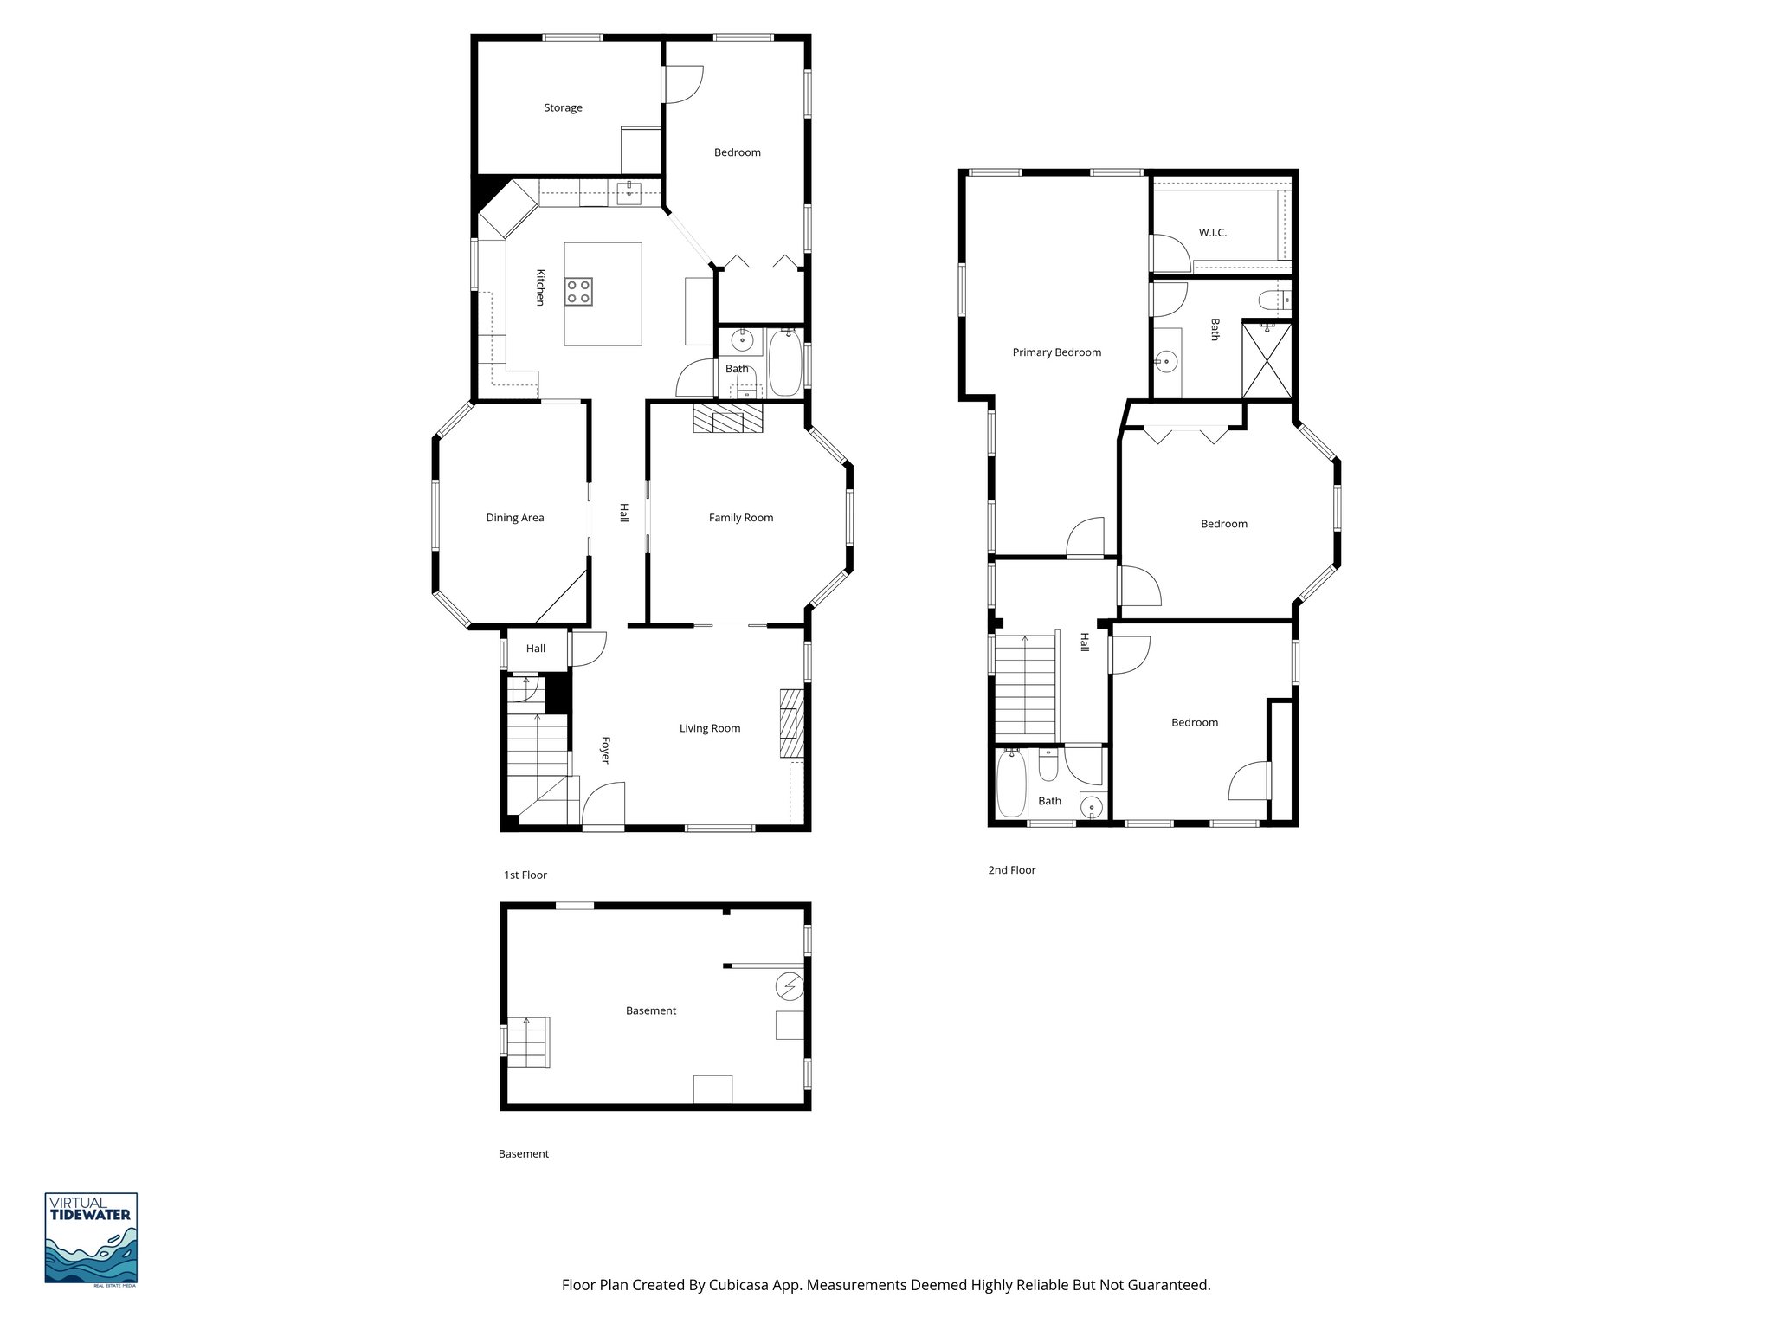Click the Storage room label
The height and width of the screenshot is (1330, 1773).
coord(563,108)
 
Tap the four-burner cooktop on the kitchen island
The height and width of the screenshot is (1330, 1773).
coord(579,291)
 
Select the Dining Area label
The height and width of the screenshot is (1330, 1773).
coord(515,518)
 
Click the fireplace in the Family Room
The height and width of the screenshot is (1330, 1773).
coord(727,420)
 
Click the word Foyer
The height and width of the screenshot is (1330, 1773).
coord(606,750)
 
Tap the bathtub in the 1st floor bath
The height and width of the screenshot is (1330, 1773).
coord(785,364)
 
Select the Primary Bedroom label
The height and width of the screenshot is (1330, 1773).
coord(1056,352)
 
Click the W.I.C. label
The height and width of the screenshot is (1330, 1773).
coord(1212,233)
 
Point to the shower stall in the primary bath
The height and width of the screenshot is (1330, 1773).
coord(1267,359)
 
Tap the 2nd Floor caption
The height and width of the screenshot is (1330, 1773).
coord(1011,870)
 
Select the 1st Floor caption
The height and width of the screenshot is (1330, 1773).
coord(525,875)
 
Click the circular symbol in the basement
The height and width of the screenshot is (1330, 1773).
coord(790,986)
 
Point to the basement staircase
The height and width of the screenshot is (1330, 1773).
coord(528,1043)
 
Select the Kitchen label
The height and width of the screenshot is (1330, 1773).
coord(539,287)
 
